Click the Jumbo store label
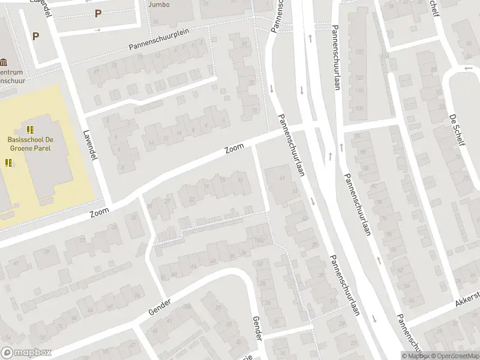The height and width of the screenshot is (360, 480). tap(159, 5)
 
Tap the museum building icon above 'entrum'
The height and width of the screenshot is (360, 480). tap(5, 62)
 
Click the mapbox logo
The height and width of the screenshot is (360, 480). tap(26, 352)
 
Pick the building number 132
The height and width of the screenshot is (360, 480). tap(359, 52)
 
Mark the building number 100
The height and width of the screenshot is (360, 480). tap(359, 109)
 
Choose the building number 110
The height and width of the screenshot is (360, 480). tap(359, 91)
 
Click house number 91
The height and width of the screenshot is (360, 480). tap(244, 44)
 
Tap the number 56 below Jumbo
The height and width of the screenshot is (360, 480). tap(155, 22)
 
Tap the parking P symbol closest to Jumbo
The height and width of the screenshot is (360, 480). tap(97, 13)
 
